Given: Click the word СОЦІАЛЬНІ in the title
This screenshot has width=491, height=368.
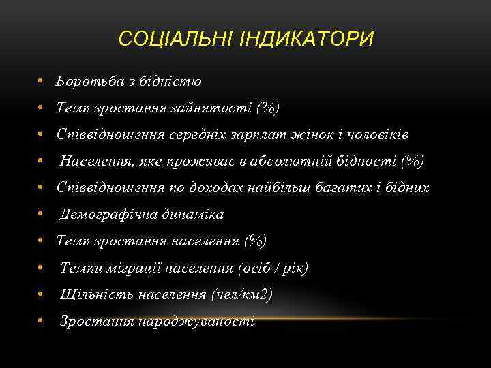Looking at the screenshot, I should tap(176, 39).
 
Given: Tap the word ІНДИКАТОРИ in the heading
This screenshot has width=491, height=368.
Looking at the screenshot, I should tap(307, 39).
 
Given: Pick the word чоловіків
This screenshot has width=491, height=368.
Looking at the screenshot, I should tap(376, 134).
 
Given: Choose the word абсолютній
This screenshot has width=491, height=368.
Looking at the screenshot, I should tap(305, 161).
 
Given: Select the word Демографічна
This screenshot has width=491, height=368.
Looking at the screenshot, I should tap(108, 215).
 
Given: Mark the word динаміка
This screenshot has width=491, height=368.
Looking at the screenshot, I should tap(193, 215).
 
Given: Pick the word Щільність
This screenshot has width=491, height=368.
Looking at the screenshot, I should tap(96, 294).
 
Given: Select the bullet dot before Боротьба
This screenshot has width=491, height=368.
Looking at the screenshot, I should tap(42, 82).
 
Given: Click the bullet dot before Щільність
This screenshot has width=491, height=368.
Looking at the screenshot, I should tap(42, 294).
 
